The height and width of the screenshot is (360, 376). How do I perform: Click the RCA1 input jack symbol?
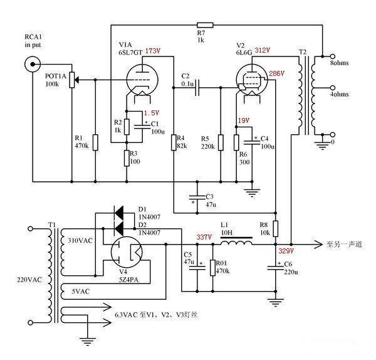pos(33,64)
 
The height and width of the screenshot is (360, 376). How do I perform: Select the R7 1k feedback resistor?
pos(205,25)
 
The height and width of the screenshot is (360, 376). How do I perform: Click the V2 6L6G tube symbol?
pos(252,80)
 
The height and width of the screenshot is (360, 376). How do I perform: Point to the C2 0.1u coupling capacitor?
pos(197,88)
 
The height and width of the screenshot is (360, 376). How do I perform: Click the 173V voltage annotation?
pos(152,51)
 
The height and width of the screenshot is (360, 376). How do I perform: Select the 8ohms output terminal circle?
pos(332,56)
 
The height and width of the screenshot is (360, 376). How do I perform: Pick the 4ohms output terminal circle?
pos(332,88)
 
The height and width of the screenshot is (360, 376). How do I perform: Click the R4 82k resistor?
pos(174,143)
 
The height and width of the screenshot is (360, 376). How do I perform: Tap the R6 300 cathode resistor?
pos(236,143)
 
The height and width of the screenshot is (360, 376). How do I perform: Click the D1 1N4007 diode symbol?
pos(118,213)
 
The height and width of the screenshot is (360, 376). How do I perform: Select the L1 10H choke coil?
pos(236,242)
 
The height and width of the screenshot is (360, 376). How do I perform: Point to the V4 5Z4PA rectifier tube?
pos(127,252)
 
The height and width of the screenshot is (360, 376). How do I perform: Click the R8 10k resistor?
pos(276,229)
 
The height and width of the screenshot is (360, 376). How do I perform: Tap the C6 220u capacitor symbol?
pos(276,268)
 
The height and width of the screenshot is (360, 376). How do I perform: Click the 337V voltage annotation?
pos(204,237)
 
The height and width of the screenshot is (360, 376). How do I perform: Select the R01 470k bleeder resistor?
pos(212,268)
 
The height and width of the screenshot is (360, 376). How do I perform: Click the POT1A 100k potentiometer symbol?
pos(72,80)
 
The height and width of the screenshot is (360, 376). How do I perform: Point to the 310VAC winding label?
pos(80,240)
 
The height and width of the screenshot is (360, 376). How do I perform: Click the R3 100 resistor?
pos(127,158)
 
